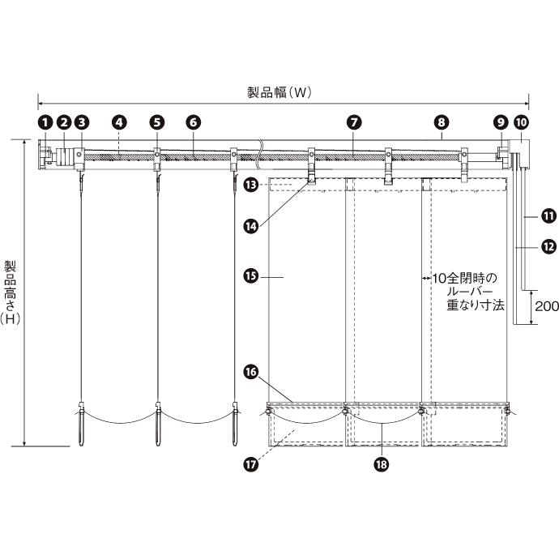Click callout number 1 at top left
(45, 122)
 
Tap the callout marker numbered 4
(119, 122)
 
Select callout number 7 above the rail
(354, 122)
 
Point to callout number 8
(442, 122)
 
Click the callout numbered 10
(521, 122)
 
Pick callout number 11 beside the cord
(548, 216)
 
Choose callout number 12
(548, 247)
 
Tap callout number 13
(251, 185)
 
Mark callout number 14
(251, 226)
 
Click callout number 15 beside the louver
(251, 276)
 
